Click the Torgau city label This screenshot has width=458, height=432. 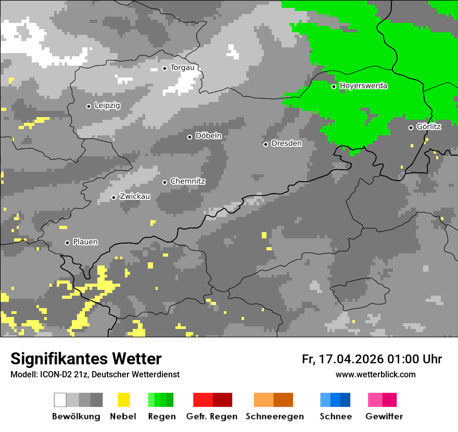pyautogui.click(x=182, y=68)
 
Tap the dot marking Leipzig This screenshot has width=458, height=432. pyautogui.click(x=88, y=106)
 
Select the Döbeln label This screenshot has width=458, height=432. pyautogui.click(x=208, y=136)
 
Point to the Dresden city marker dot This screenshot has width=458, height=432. pyautogui.click(x=265, y=144)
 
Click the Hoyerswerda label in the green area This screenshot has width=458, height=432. pyautogui.click(x=363, y=86)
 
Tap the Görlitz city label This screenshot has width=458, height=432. pyautogui.click(x=428, y=126)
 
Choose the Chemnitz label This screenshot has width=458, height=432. pyautogui.click(x=187, y=181)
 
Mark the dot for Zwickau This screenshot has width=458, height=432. pyautogui.click(x=113, y=197)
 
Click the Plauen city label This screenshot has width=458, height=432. pyautogui.click(x=85, y=242)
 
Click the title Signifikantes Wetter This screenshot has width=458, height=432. pyautogui.click(x=86, y=359)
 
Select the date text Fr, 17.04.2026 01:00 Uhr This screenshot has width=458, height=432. pyautogui.click(x=372, y=359)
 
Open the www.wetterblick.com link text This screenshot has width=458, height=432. pyautogui.click(x=375, y=374)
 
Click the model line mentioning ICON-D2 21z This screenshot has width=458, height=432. pyautogui.click(x=95, y=374)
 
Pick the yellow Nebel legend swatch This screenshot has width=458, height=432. pyautogui.click(x=123, y=400)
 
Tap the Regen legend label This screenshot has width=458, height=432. pyautogui.click(x=160, y=416)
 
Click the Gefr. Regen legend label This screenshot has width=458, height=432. pyautogui.click(x=212, y=416)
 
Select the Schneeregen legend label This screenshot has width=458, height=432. pyautogui.click(x=274, y=416)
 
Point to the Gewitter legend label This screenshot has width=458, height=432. pyautogui.click(x=384, y=416)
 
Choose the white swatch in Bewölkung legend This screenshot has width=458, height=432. pyautogui.click(x=60, y=400)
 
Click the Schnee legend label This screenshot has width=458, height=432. pyautogui.click(x=335, y=416)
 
